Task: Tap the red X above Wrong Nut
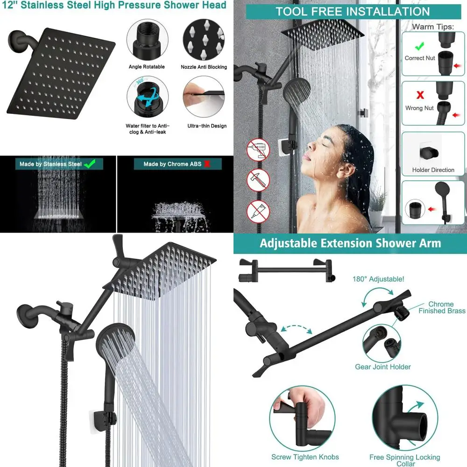pyautogui.click(x=420, y=95)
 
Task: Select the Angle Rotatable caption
pyautogui.click(x=147, y=67)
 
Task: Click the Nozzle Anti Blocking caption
pyautogui.click(x=204, y=67)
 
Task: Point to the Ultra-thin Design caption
pyautogui.click(x=207, y=126)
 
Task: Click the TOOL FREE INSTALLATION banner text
pyautogui.click(x=352, y=12)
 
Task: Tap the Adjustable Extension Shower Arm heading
pyautogui.click(x=350, y=243)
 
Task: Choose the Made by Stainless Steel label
pyautogui.click(x=50, y=164)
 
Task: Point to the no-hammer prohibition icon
pyautogui.click(x=258, y=181)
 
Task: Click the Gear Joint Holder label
pyautogui.click(x=383, y=367)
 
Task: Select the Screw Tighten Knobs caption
pyautogui.click(x=305, y=457)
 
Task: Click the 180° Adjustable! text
pyautogui.click(x=379, y=279)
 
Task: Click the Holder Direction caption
pyautogui.click(x=433, y=170)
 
